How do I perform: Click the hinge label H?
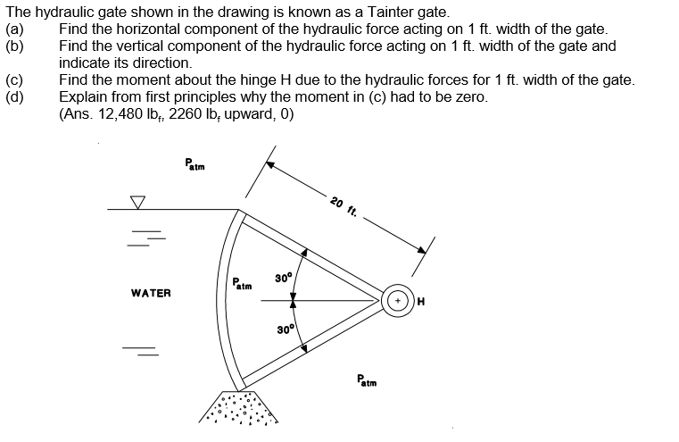coord(421,301)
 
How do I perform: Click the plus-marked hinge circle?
coord(398,300)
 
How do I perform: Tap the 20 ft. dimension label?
coord(344,207)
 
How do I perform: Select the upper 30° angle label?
coord(284,278)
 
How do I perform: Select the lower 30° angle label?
coord(286,329)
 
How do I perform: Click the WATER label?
coord(151,294)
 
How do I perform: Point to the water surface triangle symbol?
coord(137,202)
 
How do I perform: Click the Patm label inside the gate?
coord(242,284)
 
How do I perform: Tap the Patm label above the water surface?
coord(195,164)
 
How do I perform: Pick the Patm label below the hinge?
coord(367,380)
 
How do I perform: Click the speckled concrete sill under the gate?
coord(238,407)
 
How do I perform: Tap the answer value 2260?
coord(185,114)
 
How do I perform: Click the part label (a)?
coord(14,29)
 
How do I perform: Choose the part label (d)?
coord(15,97)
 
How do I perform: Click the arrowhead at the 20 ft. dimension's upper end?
coord(269,164)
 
